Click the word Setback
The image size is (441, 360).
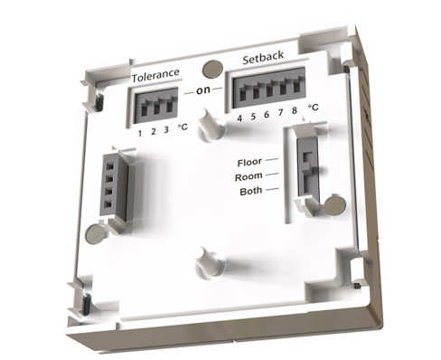pos(263,57)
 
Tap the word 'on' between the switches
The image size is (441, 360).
pos(203,90)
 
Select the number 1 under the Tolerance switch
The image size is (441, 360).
pos(140,133)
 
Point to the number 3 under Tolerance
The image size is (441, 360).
pos(166,130)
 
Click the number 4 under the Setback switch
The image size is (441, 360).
pos(239,118)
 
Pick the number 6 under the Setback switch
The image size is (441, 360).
pos(267,115)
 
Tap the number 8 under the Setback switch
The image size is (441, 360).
pos(295,110)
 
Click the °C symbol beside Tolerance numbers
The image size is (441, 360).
pos(183,127)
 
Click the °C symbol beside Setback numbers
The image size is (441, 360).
pos(313,108)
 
